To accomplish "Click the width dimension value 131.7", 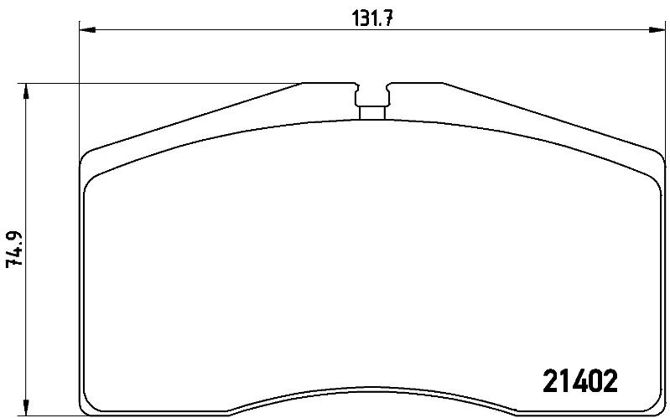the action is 371,18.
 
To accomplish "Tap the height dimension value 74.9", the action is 14,249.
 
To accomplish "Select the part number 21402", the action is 579,381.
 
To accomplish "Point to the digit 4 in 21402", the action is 566,381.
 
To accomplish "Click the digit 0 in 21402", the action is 595,381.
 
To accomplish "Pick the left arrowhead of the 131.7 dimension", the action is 87,30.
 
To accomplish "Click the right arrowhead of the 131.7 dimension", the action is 657,30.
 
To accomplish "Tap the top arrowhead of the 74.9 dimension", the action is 26,91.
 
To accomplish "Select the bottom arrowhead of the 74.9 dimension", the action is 26,408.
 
